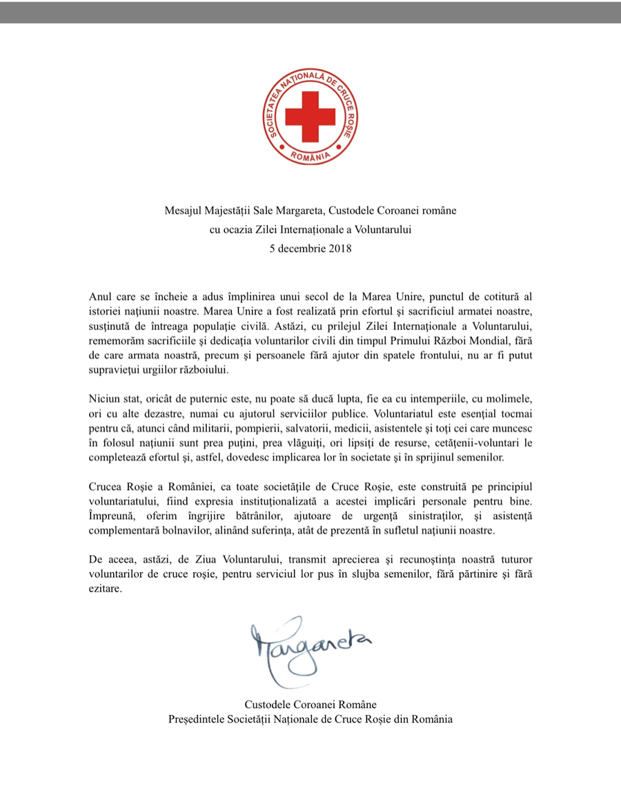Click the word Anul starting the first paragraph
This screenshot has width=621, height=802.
point(101,296)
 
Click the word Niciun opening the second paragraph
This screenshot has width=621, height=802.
point(104,400)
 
